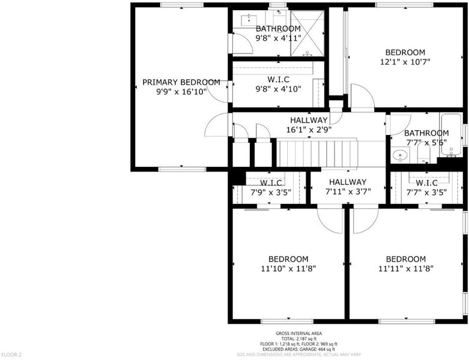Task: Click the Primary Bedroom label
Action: point(181,82)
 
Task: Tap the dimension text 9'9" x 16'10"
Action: point(181,91)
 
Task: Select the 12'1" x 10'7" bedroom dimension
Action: point(405,62)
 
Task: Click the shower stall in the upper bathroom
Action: point(307,33)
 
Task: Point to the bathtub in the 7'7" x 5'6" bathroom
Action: point(451,134)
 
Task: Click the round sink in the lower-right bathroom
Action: point(399,155)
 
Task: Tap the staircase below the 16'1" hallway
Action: point(316,154)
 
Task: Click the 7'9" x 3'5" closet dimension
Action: point(271,193)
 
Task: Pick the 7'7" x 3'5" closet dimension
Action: point(426,193)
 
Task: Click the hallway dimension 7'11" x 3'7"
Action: point(348,191)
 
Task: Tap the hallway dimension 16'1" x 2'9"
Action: point(309,130)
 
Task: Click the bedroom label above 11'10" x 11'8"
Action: point(288,259)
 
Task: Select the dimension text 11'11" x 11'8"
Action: point(406,269)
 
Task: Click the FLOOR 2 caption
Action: point(11,355)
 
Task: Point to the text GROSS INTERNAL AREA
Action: point(299,334)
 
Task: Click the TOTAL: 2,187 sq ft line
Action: point(299,339)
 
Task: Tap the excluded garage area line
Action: point(299,349)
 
